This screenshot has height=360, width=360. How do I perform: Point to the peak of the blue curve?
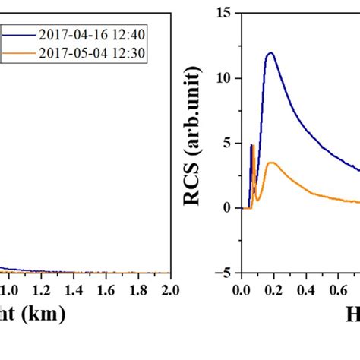[270, 53]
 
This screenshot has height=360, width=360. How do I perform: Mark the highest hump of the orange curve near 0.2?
[272, 163]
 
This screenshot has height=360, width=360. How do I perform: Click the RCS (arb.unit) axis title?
[197, 143]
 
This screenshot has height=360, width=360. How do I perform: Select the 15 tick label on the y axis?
[223, 13]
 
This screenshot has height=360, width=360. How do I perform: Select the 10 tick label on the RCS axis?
[223, 78]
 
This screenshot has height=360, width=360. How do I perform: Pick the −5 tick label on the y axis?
[222, 273]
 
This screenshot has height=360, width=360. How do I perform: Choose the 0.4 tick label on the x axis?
[305, 289]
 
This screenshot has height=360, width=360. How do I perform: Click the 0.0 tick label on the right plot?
[241, 289]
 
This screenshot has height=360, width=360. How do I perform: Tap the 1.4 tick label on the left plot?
[73, 289]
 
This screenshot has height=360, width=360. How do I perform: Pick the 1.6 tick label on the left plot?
[106, 289]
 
